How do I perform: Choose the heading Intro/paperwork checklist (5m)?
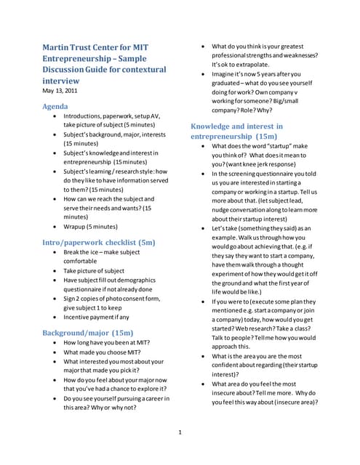(98, 241)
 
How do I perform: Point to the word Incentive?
(79, 317)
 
